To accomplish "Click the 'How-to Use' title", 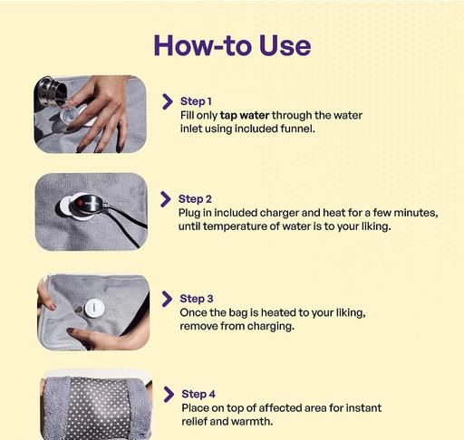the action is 232,45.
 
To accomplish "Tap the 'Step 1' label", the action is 196,101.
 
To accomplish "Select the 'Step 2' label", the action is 195,199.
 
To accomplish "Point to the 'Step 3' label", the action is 197,299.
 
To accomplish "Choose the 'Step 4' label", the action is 198,394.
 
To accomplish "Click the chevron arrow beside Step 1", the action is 168,101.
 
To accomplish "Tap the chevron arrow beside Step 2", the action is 166,199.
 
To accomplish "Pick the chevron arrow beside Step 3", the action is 167,299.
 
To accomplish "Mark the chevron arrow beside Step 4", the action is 169,395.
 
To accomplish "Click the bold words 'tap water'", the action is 245,116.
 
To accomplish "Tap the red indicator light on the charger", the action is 80,203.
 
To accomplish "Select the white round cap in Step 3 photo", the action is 94,308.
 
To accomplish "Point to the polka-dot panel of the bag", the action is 99,408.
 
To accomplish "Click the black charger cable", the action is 127,223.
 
